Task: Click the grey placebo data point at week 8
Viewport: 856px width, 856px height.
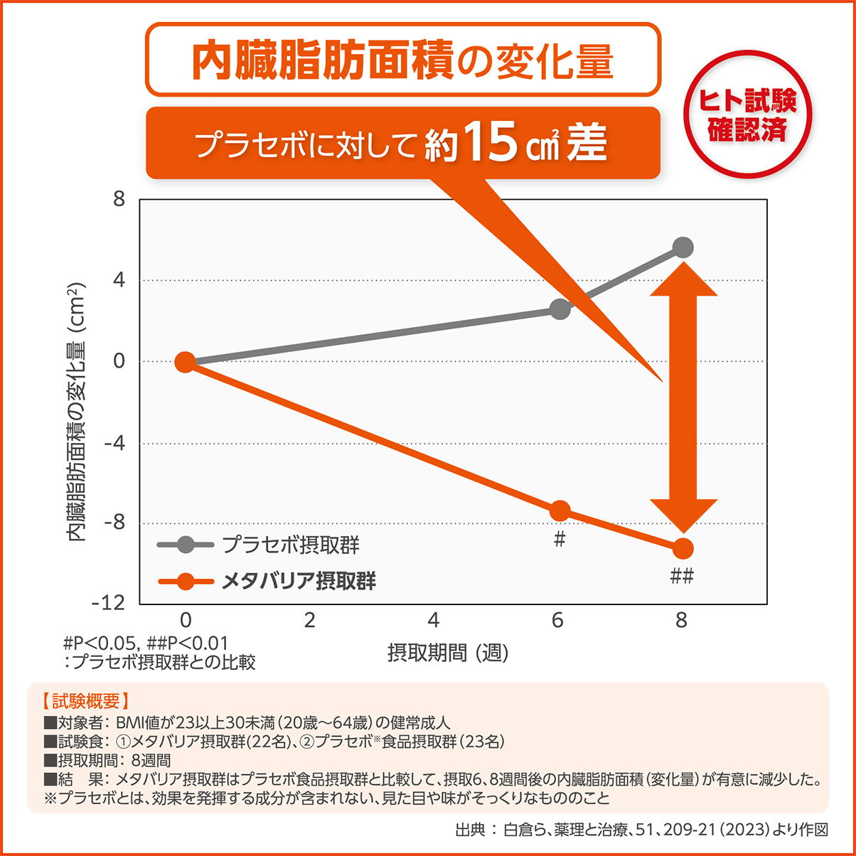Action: pyautogui.click(x=683, y=247)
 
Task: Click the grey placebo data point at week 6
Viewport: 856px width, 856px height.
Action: pyautogui.click(x=560, y=310)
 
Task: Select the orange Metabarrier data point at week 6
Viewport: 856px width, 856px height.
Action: pyautogui.click(x=560, y=510)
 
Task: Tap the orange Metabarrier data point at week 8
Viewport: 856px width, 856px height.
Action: pyautogui.click(x=683, y=548)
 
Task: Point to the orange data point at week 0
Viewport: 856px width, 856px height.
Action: pyautogui.click(x=185, y=362)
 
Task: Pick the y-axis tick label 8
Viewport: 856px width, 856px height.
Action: pyautogui.click(x=119, y=199)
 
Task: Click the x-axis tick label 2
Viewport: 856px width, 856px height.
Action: pyautogui.click(x=309, y=621)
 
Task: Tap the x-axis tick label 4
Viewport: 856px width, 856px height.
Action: pyautogui.click(x=433, y=621)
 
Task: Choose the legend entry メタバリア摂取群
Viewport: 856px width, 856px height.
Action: pyautogui.click(x=299, y=582)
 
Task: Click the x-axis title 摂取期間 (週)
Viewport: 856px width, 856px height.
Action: pyautogui.click(x=448, y=652)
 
